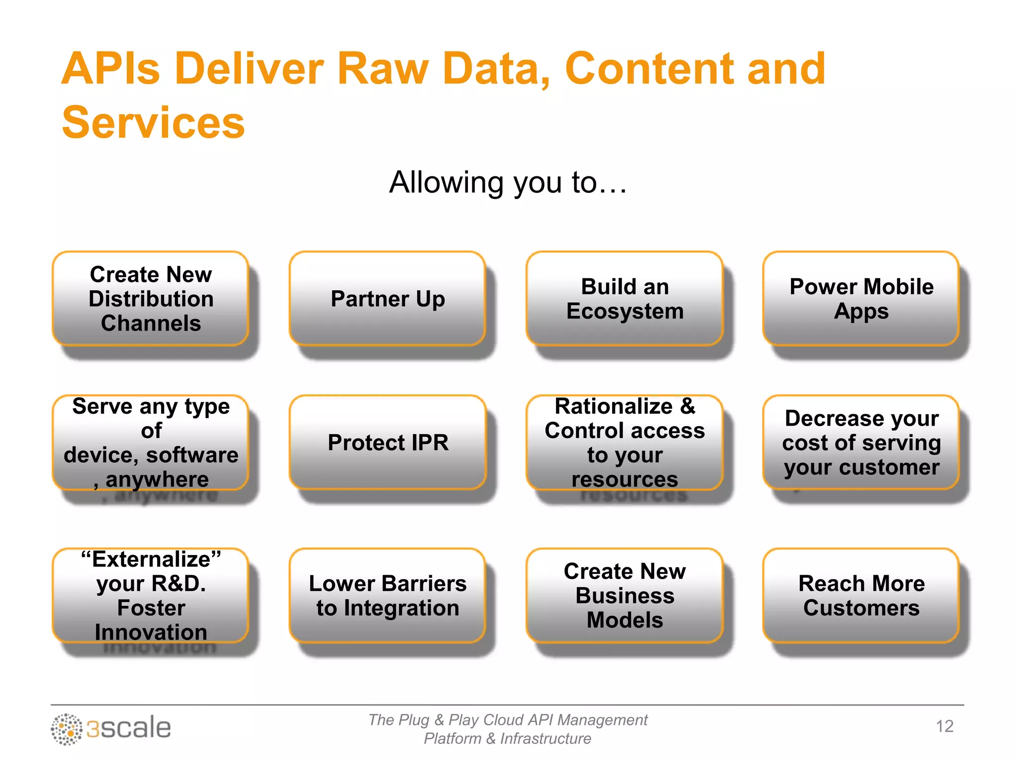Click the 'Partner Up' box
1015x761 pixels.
point(388,299)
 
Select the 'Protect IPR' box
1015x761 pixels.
point(388,442)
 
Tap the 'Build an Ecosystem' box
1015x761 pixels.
point(624,299)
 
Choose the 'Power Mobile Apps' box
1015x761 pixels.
point(861,299)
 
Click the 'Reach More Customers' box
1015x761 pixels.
point(861,596)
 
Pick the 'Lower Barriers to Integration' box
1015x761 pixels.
point(388,596)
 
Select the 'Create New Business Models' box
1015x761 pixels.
point(624,596)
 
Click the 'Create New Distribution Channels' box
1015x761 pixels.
point(151,299)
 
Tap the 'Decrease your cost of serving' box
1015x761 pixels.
point(861,442)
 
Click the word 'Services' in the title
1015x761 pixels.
point(153,122)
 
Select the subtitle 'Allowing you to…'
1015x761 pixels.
point(508,182)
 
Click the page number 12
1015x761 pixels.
point(945,726)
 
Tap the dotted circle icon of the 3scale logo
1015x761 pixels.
point(66,729)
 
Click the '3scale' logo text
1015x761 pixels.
point(128,728)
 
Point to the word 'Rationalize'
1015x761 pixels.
point(613,406)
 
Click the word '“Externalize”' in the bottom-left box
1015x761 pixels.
point(151,559)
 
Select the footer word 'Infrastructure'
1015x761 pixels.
point(545,739)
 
